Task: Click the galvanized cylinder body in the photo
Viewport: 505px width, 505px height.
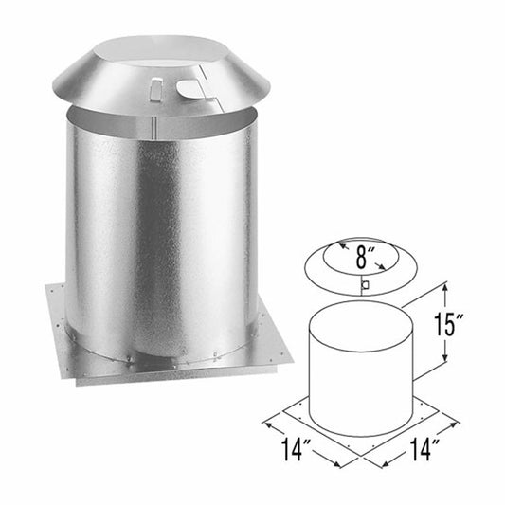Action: [x=161, y=237]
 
